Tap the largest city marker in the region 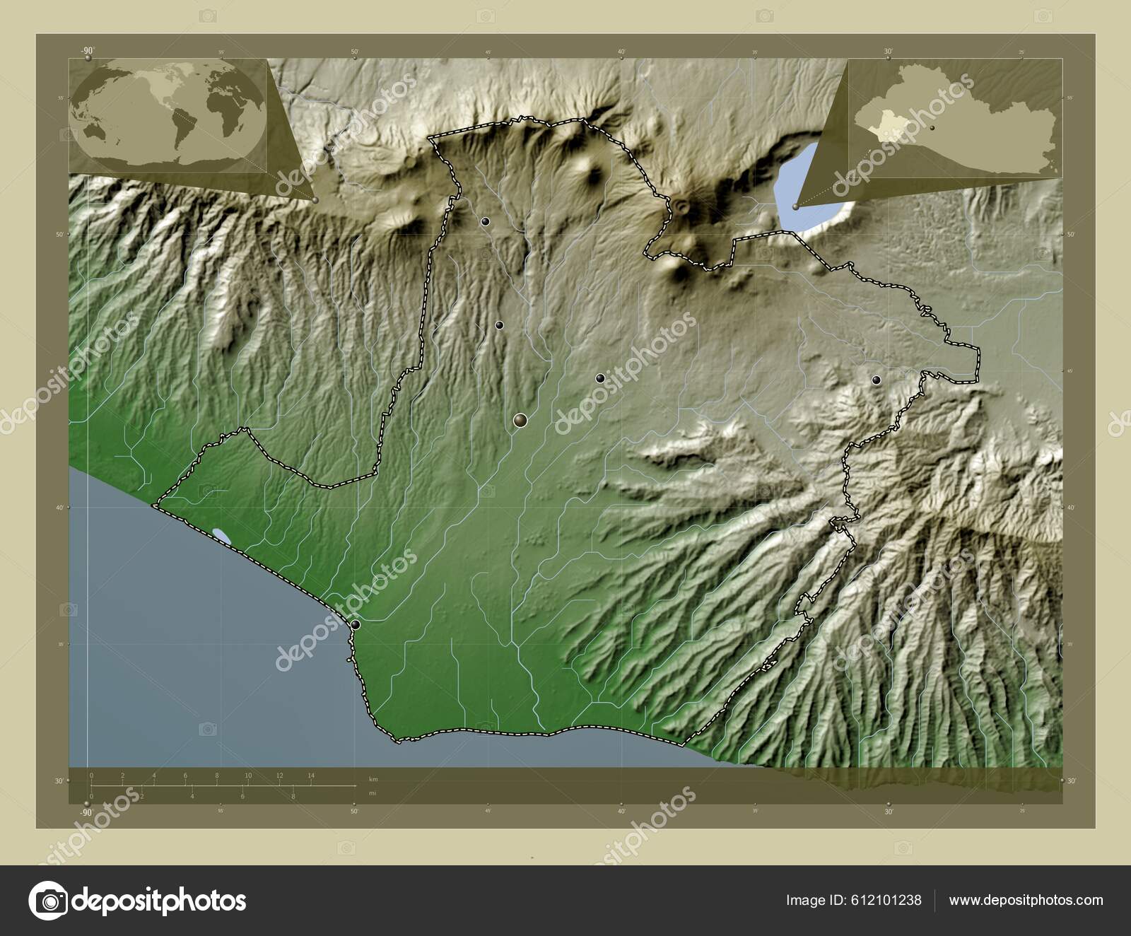(x=521, y=421)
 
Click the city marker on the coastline (x=355, y=625)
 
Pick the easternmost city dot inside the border (x=877, y=380)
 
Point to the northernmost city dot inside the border (x=485, y=221)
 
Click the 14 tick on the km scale (x=311, y=776)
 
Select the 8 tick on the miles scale (x=293, y=796)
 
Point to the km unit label (x=373, y=779)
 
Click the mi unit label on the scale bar (x=372, y=793)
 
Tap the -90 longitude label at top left (x=87, y=51)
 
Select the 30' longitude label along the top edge (x=889, y=51)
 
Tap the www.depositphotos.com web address (x=1026, y=900)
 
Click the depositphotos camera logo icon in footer (x=47, y=901)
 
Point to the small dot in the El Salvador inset (x=933, y=127)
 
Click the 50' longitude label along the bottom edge (x=354, y=811)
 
